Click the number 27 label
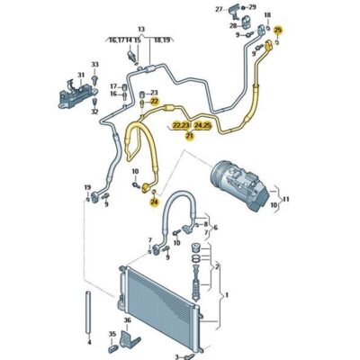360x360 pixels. [219, 10]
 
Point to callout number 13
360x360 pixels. [139, 30]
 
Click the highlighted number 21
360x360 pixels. [189, 136]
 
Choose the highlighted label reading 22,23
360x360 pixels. [182, 126]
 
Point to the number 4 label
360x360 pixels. [88, 342]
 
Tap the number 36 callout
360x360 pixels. [128, 319]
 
